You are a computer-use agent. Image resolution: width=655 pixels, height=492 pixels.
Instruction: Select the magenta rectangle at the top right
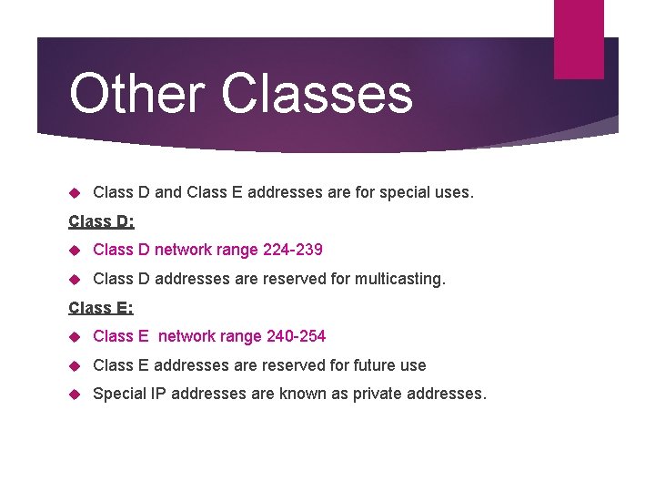coord(579,38)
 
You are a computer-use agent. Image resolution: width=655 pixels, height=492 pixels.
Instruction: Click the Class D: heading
coord(101,220)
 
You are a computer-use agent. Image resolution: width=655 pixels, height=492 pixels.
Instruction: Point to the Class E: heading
coord(101,308)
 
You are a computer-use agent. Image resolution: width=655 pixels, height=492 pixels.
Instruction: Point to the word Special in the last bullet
coord(120,394)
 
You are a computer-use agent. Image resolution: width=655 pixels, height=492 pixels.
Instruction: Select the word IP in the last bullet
coord(159,394)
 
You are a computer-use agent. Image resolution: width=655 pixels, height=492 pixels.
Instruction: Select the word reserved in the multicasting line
coord(293,279)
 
